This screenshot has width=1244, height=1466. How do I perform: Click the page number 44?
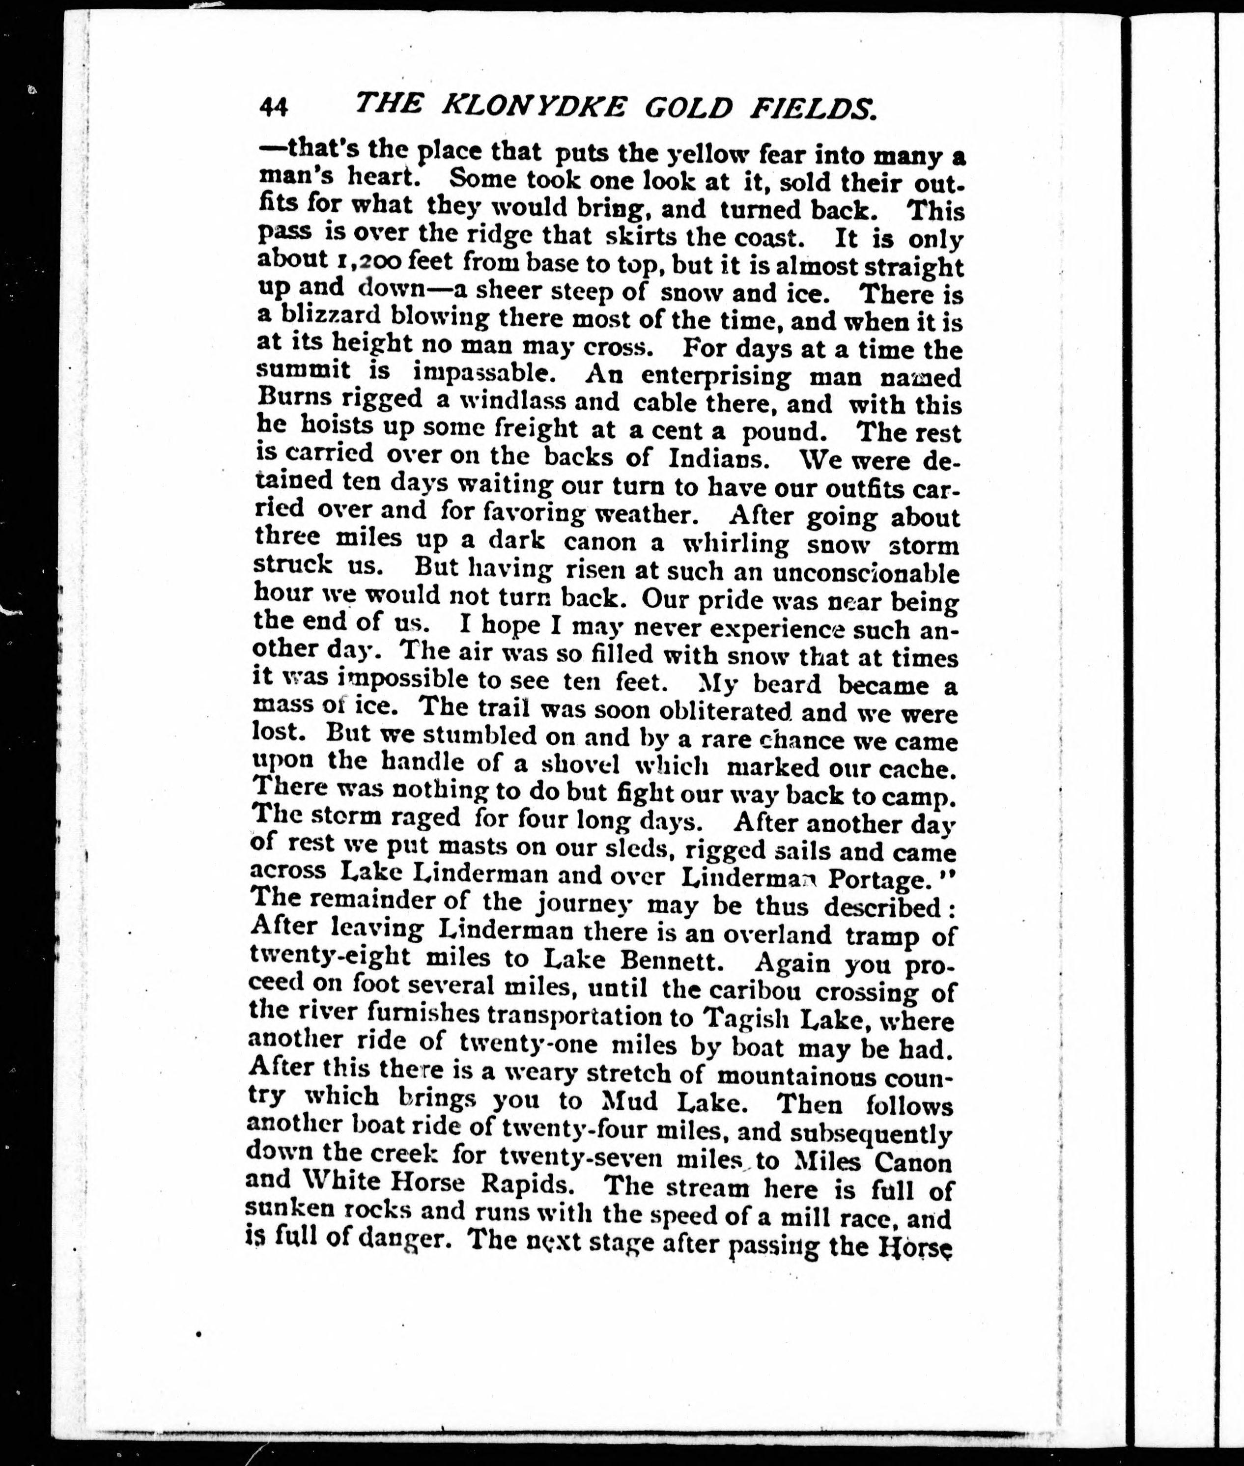click(274, 107)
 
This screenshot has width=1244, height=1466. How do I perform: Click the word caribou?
click(755, 991)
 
